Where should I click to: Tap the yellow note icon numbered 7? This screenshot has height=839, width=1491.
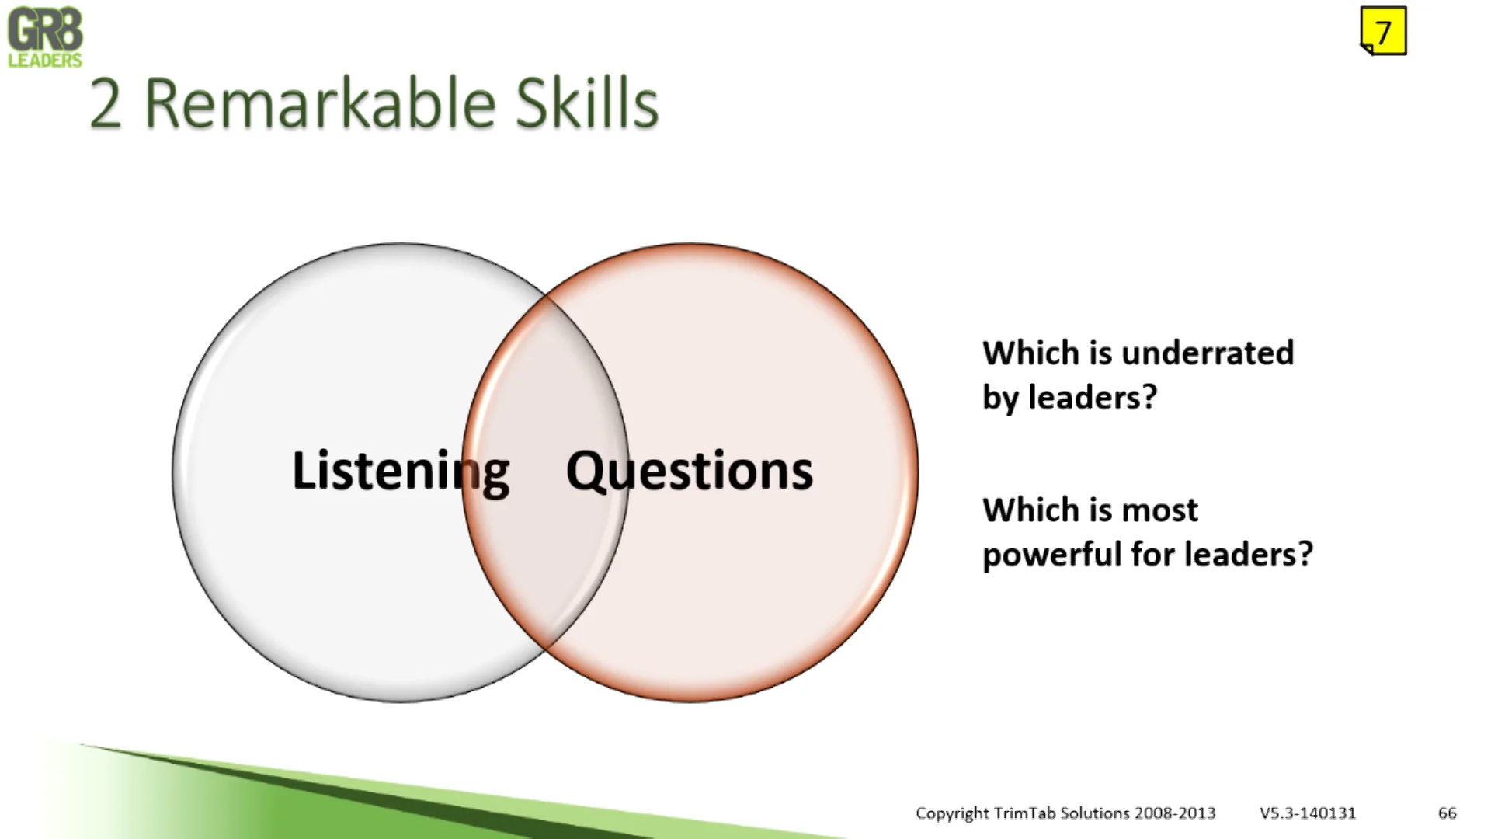tap(1383, 31)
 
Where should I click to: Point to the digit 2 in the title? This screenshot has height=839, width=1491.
tap(106, 105)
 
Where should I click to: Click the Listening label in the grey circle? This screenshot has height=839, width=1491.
tap(401, 472)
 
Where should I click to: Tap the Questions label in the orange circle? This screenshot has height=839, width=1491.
tap(690, 472)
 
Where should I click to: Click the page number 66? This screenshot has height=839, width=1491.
tap(1448, 813)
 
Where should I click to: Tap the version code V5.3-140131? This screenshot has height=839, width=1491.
tap(1308, 813)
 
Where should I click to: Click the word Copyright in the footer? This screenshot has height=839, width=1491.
tap(952, 813)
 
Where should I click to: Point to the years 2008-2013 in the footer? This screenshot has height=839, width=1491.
tap(1175, 813)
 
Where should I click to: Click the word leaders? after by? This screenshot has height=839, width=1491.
tap(1093, 397)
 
